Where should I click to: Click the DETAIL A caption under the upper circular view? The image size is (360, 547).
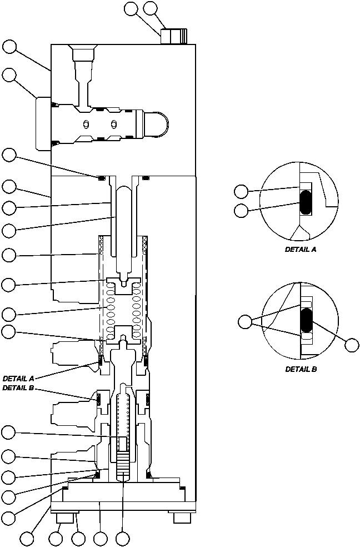pyautogui.click(x=301, y=250)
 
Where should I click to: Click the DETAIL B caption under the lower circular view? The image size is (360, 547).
pyautogui.click(x=301, y=369)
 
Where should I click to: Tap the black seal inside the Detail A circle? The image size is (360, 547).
pyautogui.click(x=306, y=203)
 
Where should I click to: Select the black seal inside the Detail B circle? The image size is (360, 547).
pyautogui.click(x=306, y=321)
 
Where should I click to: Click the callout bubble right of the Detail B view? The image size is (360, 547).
pyautogui.click(x=351, y=345)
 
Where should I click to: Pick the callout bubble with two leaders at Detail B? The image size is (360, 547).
pyautogui.click(x=244, y=321)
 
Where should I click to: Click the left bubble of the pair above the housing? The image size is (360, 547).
pyautogui.click(x=132, y=8)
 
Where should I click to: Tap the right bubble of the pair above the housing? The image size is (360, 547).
pyautogui.click(x=150, y=8)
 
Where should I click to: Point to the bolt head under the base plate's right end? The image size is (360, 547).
pyautogui.click(x=182, y=518)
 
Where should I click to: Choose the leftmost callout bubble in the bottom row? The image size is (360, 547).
pyautogui.click(x=27, y=538)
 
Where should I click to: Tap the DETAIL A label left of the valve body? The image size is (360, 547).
pyautogui.click(x=19, y=378)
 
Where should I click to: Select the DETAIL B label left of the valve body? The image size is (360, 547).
pyautogui.click(x=19, y=388)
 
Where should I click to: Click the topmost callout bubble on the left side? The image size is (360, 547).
pyautogui.click(x=9, y=46)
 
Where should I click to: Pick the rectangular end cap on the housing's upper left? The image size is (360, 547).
pyautogui.click(x=43, y=123)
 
